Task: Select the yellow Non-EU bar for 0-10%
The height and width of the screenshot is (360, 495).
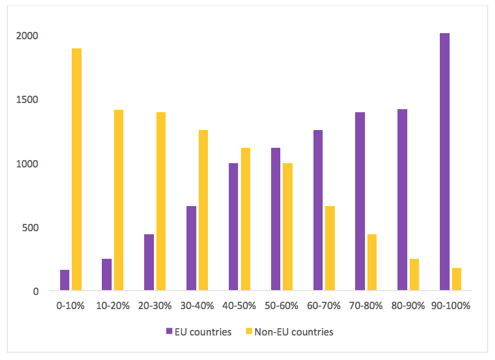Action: [77, 169]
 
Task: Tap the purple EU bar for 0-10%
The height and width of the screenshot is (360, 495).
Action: [65, 280]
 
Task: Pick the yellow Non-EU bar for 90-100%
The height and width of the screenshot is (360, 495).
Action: [456, 280]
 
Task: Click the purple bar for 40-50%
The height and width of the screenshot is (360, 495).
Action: [234, 227]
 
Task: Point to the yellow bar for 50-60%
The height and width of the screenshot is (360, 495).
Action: [288, 227]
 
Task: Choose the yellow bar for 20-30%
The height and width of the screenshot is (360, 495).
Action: [161, 202]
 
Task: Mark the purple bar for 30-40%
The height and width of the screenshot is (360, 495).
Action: [191, 248]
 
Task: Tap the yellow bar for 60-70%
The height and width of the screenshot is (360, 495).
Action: [330, 248]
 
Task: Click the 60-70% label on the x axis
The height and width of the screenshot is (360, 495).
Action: [324, 305]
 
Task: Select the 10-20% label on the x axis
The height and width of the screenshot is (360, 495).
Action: [113, 305]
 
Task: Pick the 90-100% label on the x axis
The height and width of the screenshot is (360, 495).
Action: [451, 305]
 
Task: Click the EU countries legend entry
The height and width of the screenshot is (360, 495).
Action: [199, 332]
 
